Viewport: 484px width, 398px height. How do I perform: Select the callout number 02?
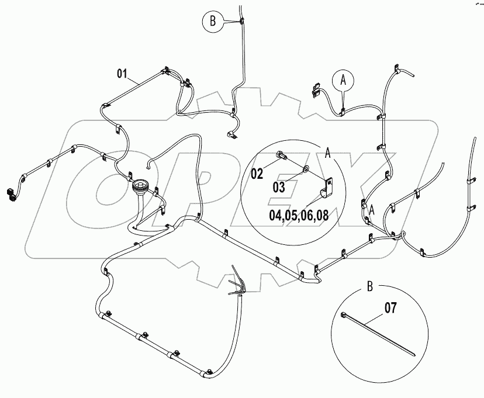click(258, 173)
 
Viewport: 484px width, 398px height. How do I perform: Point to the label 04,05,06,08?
click(298, 214)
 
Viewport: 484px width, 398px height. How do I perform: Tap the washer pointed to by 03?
click(305, 169)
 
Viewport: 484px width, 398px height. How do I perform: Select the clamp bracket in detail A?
click(327, 189)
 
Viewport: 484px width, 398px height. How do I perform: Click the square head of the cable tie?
click(343, 316)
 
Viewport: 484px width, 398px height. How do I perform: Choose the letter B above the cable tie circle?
click(369, 286)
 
